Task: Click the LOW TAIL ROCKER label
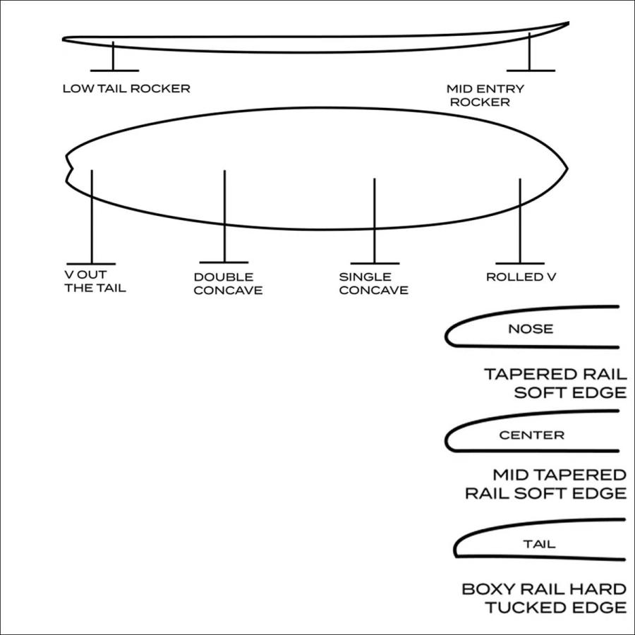click(x=126, y=89)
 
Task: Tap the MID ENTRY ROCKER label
click(x=485, y=95)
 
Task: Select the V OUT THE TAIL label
click(x=95, y=281)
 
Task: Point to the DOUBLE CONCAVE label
click(x=228, y=284)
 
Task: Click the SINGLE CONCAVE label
click(x=373, y=284)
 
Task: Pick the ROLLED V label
click(x=521, y=277)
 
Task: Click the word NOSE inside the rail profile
click(x=531, y=328)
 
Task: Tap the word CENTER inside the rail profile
click(x=531, y=435)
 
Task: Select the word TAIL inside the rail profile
click(x=539, y=544)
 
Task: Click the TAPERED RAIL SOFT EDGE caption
click(x=556, y=383)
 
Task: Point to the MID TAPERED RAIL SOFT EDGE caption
click(x=546, y=484)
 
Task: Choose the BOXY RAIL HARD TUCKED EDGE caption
click(x=544, y=598)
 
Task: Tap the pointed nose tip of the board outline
click(x=567, y=168)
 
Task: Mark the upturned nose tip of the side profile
click(x=568, y=23)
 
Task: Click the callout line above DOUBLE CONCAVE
click(x=224, y=217)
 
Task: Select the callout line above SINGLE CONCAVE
click(x=374, y=221)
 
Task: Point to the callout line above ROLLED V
click(x=520, y=221)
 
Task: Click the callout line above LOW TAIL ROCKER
click(x=113, y=56)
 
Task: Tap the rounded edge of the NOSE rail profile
click(x=447, y=336)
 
